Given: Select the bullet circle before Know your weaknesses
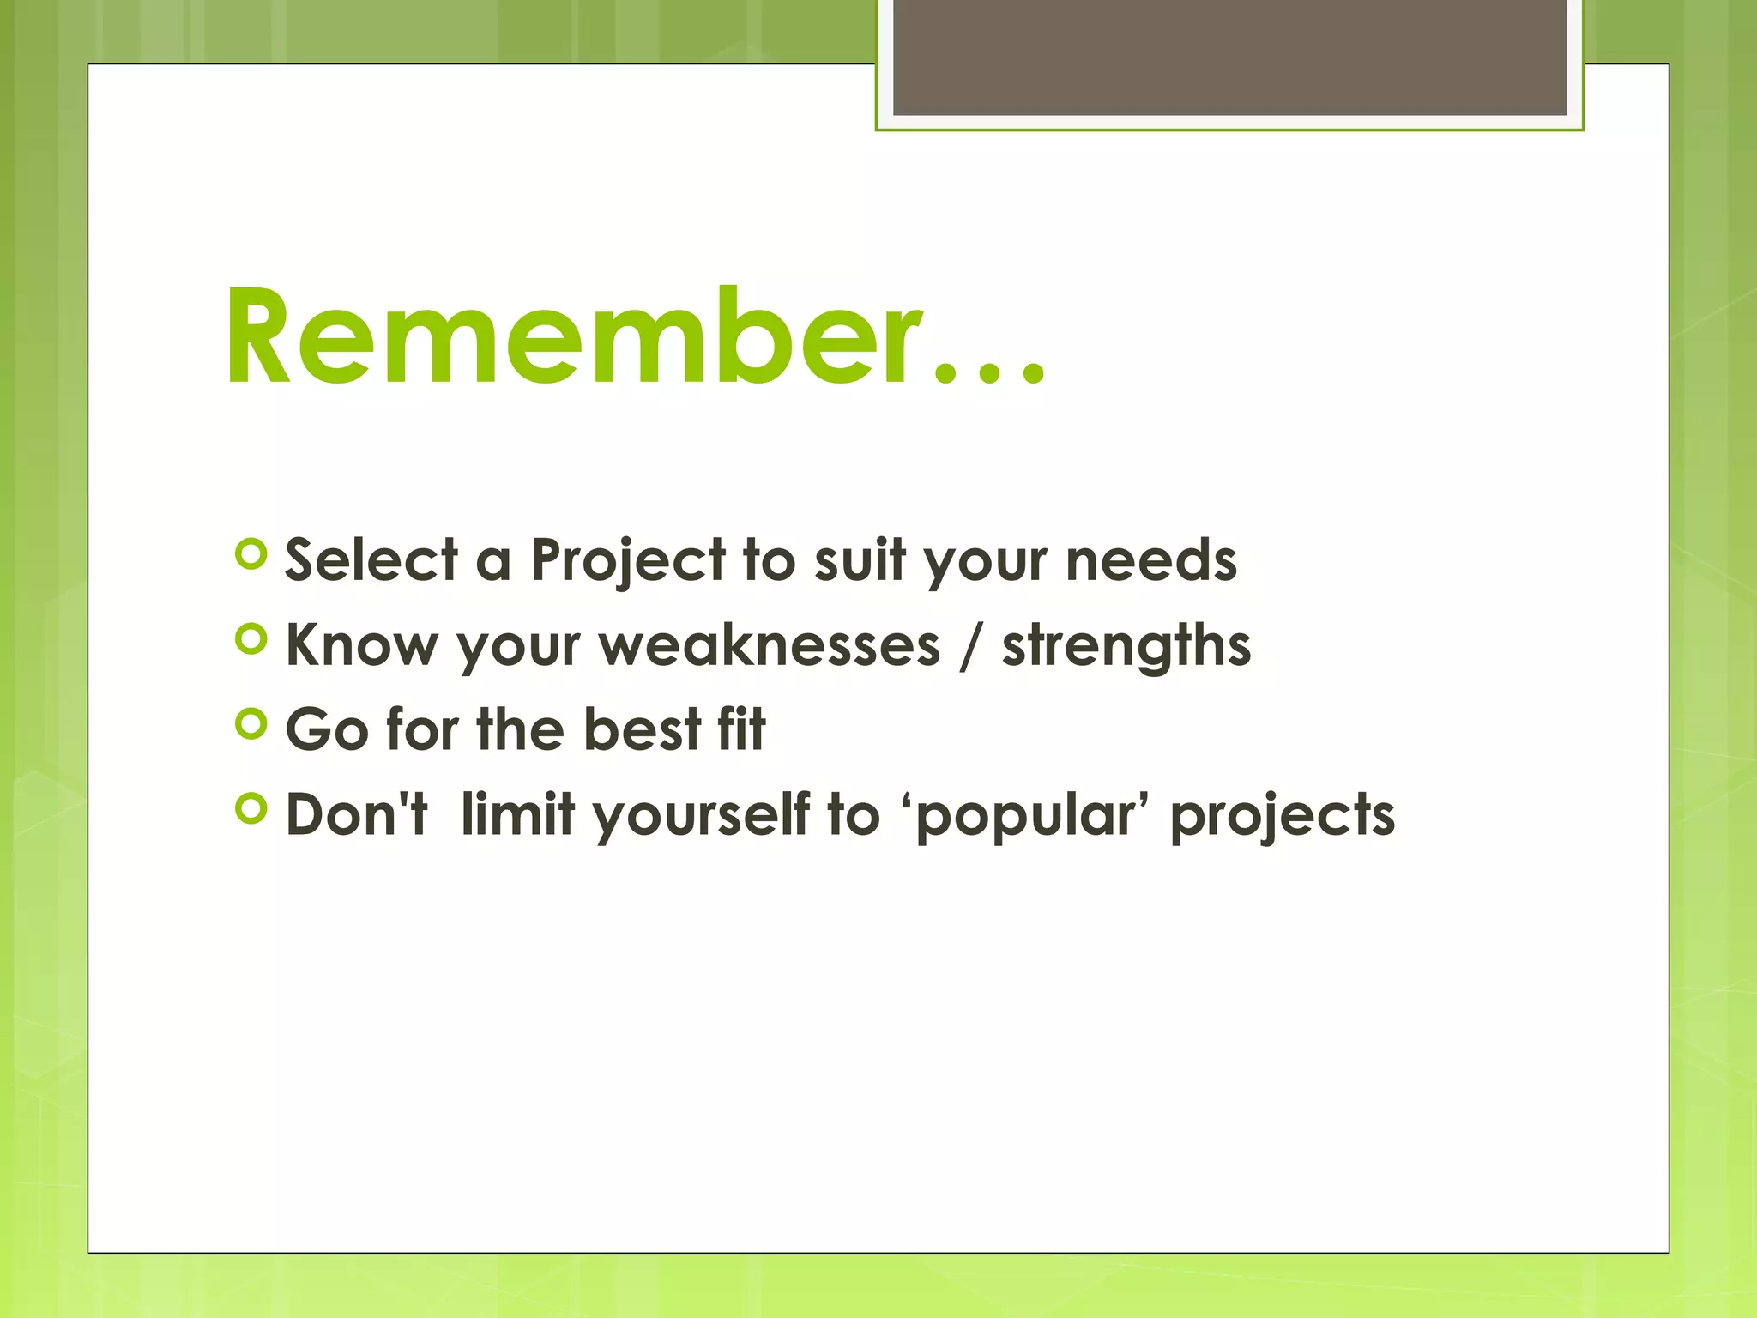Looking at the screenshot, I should [251, 639].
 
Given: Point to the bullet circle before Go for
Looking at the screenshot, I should [251, 724].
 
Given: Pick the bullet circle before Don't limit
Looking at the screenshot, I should [251, 808].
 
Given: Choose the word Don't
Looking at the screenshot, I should [356, 813].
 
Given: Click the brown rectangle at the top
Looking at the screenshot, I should [1229, 57].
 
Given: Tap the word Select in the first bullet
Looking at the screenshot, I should [371, 560].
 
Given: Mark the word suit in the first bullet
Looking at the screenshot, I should [859, 560].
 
